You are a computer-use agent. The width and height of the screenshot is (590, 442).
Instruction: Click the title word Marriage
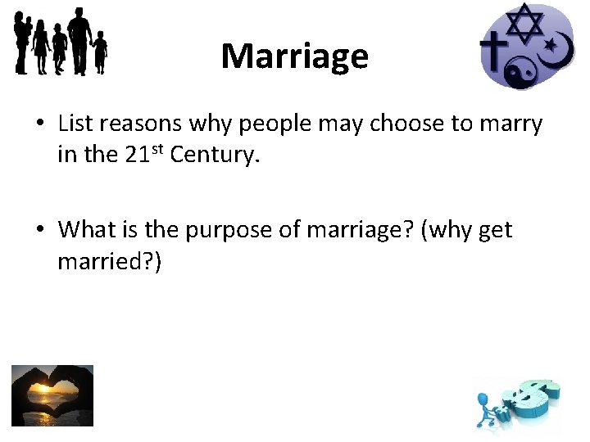(294, 56)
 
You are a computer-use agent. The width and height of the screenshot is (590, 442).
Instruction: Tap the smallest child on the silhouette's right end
(100, 51)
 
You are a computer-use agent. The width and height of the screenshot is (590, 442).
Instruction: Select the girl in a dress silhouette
(40, 48)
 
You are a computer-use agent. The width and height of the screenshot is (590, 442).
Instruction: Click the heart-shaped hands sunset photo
(52, 395)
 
